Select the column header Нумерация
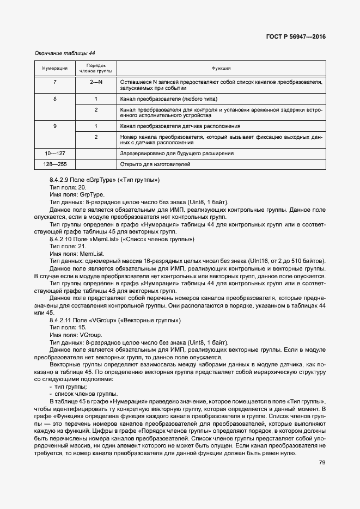click(54, 69)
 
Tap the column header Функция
click(221, 69)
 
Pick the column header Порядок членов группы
click(96, 69)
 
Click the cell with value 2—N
click(96, 82)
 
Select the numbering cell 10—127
click(54, 154)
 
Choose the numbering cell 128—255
click(54, 164)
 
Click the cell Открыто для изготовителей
click(155, 164)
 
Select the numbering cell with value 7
click(54, 82)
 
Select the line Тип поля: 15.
click(68, 328)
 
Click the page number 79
click(322, 463)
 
